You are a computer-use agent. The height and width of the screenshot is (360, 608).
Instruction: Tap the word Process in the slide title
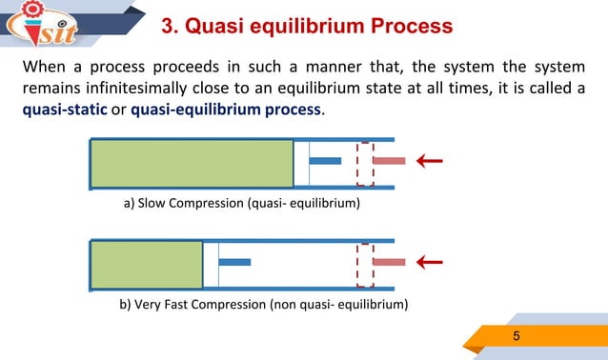point(404,25)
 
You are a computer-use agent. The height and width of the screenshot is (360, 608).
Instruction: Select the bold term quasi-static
point(64,110)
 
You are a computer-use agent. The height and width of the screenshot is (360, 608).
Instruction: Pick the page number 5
point(517,336)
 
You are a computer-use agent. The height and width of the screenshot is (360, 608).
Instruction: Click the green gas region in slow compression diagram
point(191,163)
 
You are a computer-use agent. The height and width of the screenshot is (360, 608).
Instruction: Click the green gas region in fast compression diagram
point(147,264)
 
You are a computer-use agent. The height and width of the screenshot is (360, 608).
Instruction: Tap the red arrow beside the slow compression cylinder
point(429,160)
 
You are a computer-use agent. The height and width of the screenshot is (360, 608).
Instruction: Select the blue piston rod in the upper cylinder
point(325,160)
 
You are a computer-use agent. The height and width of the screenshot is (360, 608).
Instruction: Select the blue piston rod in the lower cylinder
point(234,261)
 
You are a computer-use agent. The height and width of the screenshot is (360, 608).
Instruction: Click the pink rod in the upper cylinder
point(389,160)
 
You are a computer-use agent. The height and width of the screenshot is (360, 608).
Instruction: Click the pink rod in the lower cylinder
point(389,261)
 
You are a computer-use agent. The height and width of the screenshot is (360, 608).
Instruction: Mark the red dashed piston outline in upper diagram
point(365,163)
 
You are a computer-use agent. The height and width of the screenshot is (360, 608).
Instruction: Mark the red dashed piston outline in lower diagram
point(365,264)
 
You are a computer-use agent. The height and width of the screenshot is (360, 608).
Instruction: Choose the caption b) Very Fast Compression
point(263,305)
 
